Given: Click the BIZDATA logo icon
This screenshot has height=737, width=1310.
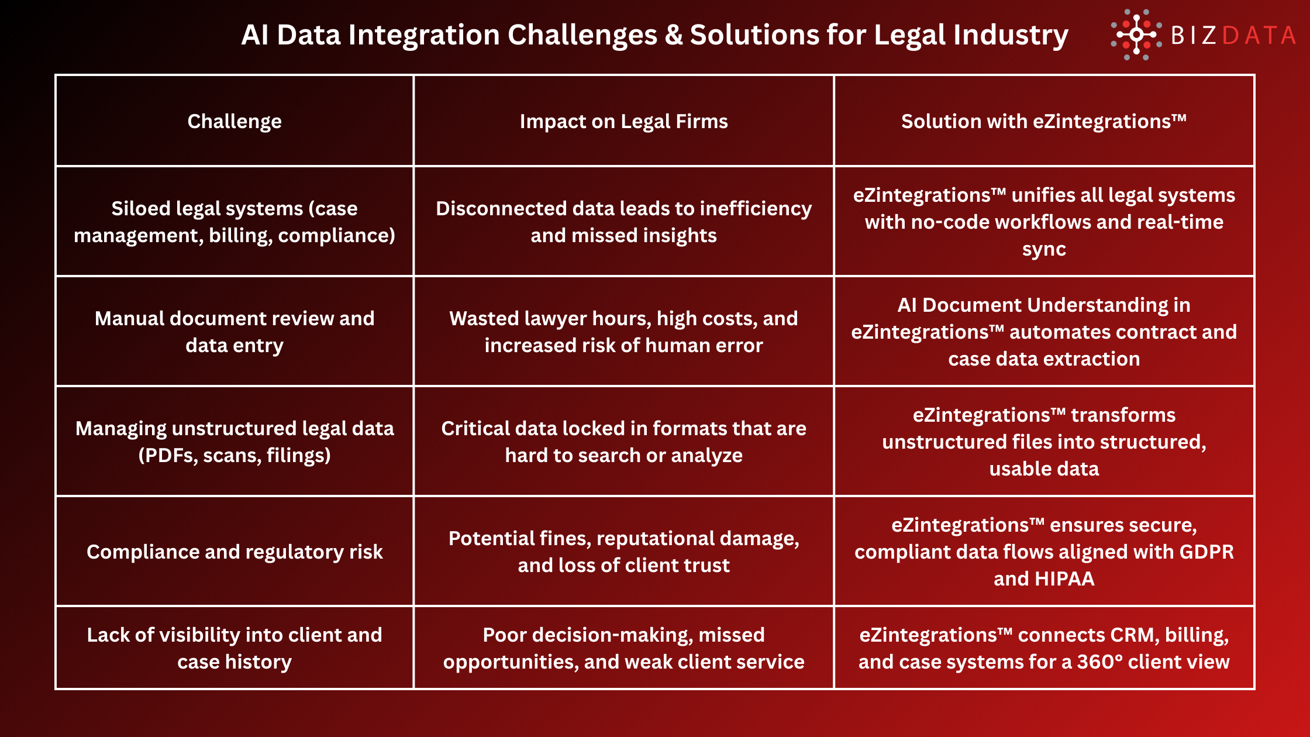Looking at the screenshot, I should (1136, 35).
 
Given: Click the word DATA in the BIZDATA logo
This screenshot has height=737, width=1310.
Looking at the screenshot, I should (1259, 36).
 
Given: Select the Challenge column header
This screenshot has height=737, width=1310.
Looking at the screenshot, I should (235, 121).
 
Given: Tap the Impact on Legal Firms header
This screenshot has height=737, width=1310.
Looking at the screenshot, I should (623, 121).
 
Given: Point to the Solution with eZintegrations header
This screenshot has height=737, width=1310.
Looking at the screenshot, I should (1044, 121).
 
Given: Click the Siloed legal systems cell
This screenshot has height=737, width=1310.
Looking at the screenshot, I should (235, 222).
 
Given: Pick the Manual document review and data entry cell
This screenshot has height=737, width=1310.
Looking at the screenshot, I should (235, 332).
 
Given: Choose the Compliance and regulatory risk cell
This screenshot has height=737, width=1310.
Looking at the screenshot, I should (235, 552).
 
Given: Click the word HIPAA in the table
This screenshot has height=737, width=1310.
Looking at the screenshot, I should (1064, 578).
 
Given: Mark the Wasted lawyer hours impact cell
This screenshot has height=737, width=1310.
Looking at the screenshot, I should (623, 332).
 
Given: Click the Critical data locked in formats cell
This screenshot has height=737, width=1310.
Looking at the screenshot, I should (623, 442).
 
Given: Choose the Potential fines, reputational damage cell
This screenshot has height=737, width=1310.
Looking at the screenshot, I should (623, 552).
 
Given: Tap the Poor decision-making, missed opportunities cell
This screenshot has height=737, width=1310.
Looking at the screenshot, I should (623, 648).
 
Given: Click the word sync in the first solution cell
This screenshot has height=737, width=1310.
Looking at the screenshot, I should (1044, 249).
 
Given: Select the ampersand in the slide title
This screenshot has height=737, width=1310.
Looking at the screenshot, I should (674, 35).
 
